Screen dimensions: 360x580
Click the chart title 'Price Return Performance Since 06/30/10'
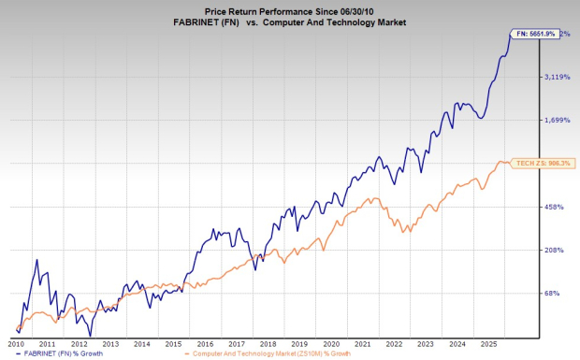click(x=290, y=8)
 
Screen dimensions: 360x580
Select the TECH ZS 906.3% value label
click(x=543, y=164)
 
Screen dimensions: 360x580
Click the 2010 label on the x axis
click(x=16, y=343)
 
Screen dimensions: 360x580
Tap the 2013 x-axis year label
click(x=112, y=343)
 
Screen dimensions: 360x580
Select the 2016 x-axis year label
click(x=208, y=343)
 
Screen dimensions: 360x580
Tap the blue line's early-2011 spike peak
click(x=36, y=260)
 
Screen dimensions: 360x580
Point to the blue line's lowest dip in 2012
click(x=90, y=335)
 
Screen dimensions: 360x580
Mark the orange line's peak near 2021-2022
click(x=375, y=198)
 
